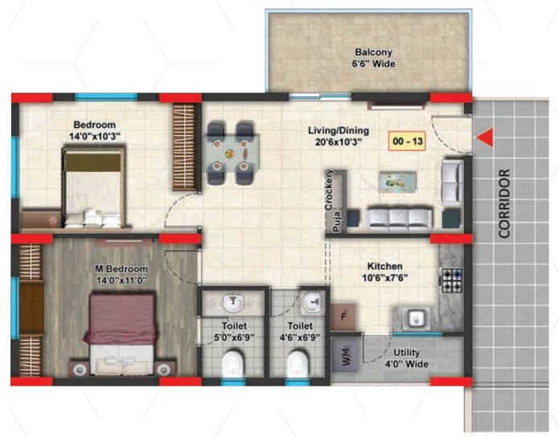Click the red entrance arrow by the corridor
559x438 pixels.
485,138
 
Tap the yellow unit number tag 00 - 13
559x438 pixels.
407,141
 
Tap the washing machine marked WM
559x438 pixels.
346,355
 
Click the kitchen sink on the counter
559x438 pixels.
417,317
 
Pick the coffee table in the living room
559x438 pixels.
400,182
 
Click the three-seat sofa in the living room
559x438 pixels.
397,217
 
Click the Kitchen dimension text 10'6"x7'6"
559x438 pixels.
384,279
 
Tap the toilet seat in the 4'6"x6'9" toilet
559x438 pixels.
297,364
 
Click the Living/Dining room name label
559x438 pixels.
336,129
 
